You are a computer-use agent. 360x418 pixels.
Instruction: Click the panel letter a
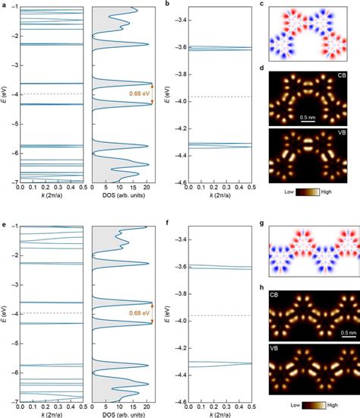[x=4, y=5]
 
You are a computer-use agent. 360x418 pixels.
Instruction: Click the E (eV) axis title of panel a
[x=5, y=95]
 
